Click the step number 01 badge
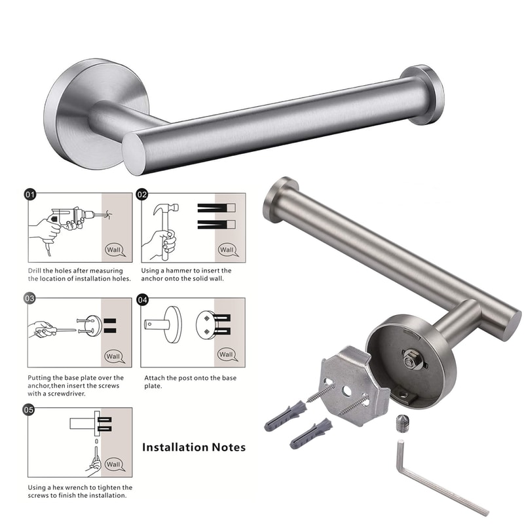(x=30, y=195)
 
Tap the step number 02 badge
(x=143, y=195)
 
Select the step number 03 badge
(x=30, y=299)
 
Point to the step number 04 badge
(x=143, y=300)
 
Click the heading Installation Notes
(x=194, y=447)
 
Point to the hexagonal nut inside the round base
(x=412, y=358)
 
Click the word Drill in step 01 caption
(x=36, y=271)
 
